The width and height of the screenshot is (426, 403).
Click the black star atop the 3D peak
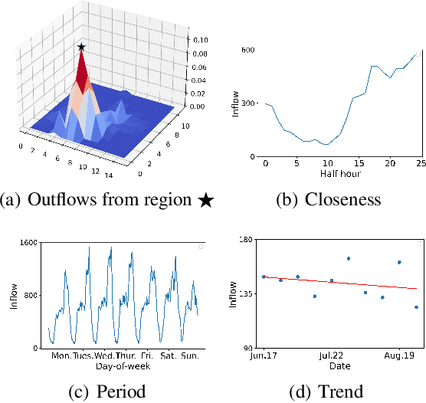[81, 47]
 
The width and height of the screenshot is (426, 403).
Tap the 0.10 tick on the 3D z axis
[200, 39]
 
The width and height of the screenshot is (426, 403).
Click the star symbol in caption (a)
[205, 200]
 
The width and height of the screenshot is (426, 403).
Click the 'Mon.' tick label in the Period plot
[60, 356]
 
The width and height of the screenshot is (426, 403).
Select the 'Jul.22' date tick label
[331, 356]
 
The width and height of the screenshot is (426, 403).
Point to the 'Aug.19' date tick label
[399, 356]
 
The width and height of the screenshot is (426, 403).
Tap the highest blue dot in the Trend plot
[349, 259]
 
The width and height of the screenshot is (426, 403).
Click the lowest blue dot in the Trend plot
[416, 307]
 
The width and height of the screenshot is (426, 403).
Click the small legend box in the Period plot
[201, 247]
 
